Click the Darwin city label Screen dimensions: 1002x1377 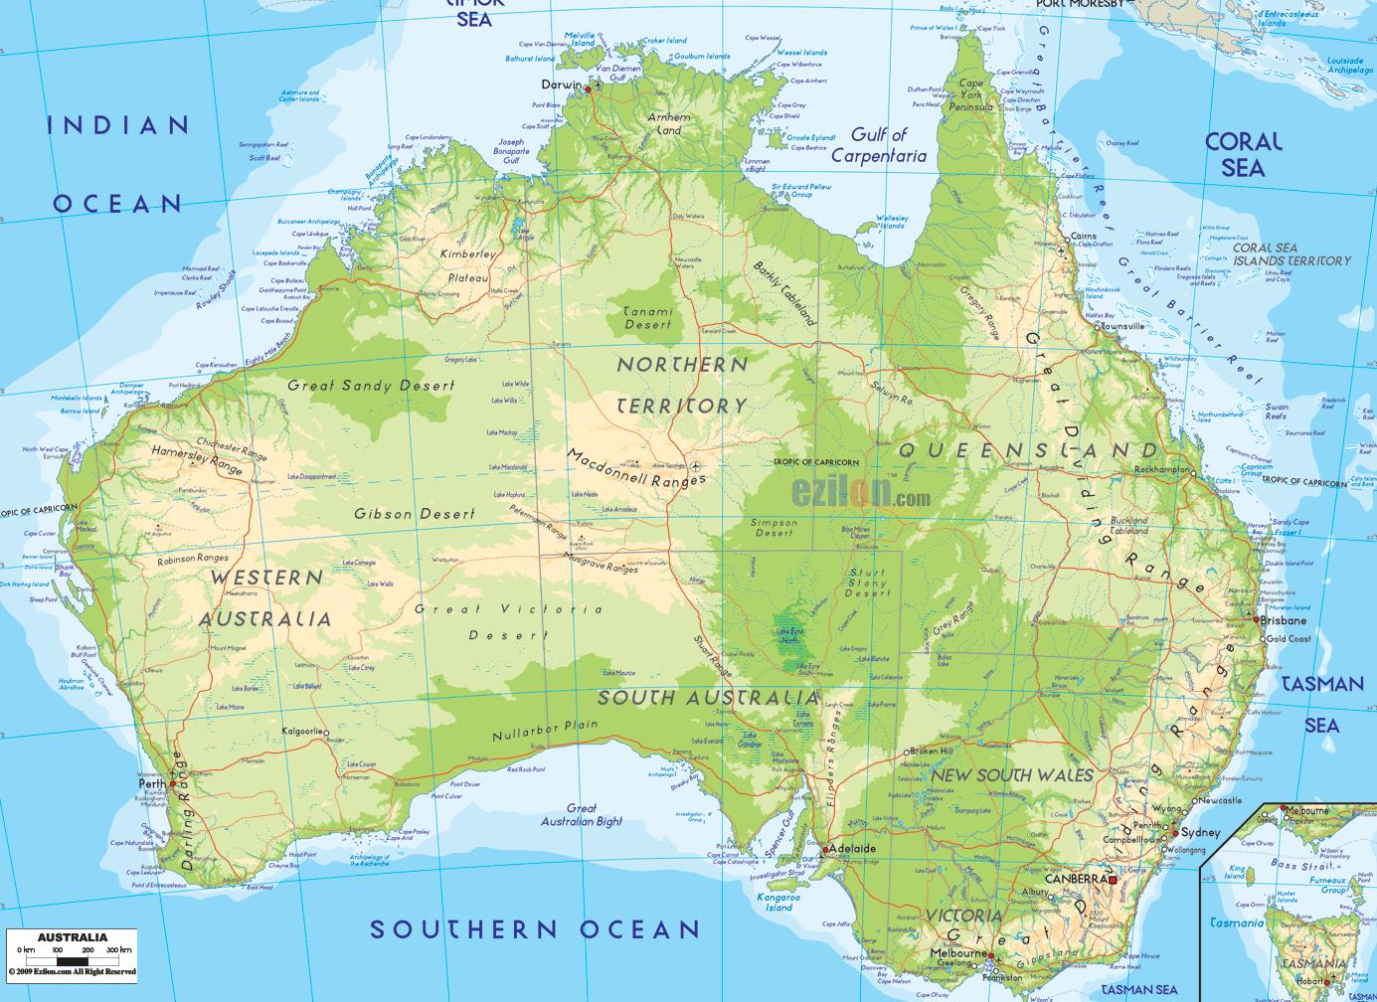[562, 85]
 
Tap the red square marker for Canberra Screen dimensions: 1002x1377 [1113, 880]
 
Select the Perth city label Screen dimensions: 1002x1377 [152, 783]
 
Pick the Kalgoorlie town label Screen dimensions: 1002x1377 [302, 732]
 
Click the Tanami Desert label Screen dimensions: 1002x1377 [647, 318]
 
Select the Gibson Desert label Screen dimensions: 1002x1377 [415, 514]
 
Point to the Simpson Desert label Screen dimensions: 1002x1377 [774, 528]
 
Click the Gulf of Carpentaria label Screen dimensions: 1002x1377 [879, 145]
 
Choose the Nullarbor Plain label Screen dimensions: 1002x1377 [545, 730]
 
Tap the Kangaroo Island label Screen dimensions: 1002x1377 [778, 901]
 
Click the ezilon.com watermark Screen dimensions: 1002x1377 [861, 492]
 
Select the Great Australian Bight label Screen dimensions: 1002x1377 [582, 815]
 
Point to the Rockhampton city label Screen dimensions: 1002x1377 [1162, 469]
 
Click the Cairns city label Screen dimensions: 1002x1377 [1084, 238]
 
